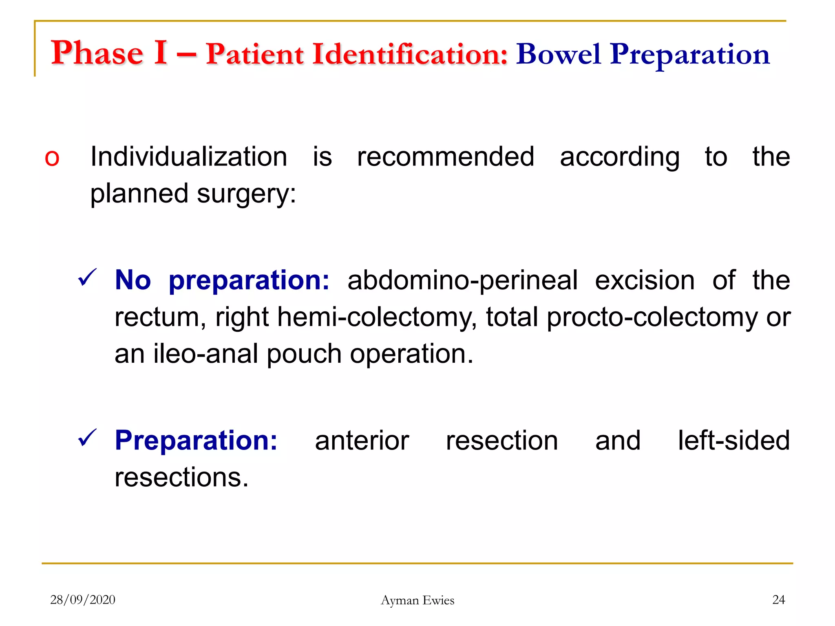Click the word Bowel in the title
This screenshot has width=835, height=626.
[x=558, y=54]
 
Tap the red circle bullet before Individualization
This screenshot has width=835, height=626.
[x=52, y=158]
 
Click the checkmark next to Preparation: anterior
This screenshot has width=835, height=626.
[x=87, y=438]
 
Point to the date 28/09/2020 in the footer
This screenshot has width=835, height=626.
[x=83, y=600]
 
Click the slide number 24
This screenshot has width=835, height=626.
[x=778, y=600]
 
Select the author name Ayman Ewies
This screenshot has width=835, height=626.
[x=417, y=600]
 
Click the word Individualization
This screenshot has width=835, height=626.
[x=189, y=156]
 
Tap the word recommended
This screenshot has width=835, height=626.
[x=445, y=156]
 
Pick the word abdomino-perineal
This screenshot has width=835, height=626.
[x=462, y=280]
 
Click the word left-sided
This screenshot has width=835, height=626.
[x=733, y=441]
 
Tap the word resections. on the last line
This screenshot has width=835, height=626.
[x=181, y=478]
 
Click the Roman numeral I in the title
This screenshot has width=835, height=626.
[x=160, y=53]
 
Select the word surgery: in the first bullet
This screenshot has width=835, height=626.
[x=246, y=194]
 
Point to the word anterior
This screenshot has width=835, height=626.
[x=362, y=441]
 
